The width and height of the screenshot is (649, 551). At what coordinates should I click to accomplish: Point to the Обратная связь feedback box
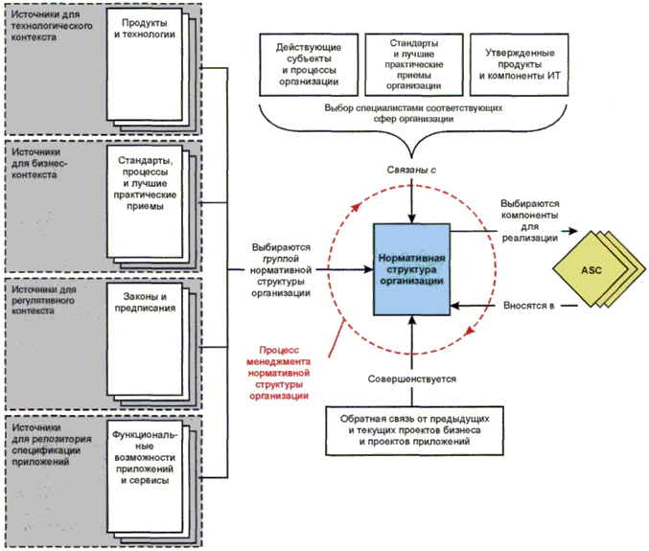pos(410,428)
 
